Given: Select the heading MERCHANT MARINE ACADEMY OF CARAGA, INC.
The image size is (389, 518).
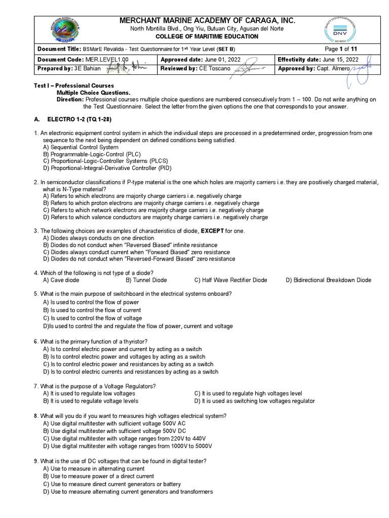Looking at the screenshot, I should (x=206, y=20).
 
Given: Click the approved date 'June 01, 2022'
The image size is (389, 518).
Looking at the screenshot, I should (x=227, y=59).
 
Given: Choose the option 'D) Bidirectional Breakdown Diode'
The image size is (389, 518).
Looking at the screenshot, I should (x=328, y=280).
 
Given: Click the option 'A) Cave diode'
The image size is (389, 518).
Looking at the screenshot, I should (x=61, y=280).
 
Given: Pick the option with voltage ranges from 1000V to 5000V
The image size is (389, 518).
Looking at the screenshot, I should (x=128, y=446).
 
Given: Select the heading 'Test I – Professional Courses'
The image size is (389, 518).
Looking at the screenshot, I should (x=73, y=86).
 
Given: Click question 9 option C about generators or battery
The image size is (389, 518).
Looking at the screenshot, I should (x=112, y=484).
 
